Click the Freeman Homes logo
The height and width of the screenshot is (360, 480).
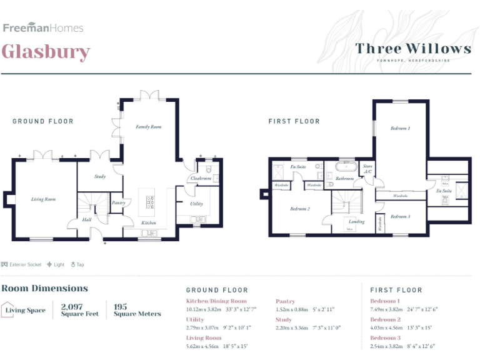[43, 27]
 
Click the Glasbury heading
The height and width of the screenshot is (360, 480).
[46, 51]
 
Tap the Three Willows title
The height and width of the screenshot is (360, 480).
[413, 48]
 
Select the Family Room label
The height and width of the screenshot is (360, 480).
[149, 127]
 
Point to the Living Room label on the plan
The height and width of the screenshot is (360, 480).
[44, 199]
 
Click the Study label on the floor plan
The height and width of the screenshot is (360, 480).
[100, 177]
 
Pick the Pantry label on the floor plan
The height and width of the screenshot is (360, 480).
[119, 202]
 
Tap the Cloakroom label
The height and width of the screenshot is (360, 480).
[201, 179]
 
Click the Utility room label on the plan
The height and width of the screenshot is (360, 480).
[196, 204]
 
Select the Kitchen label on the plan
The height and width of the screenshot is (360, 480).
[148, 222]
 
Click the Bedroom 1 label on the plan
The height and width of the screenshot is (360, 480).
[400, 129]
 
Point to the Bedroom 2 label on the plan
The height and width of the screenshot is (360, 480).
[300, 209]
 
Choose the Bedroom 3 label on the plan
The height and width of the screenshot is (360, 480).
[400, 216]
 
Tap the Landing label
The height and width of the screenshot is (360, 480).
[356, 221]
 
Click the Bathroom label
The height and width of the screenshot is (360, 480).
[344, 179]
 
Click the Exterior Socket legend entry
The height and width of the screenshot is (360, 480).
[22, 264]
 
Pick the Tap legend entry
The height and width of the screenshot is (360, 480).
[77, 264]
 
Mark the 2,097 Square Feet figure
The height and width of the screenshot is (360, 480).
[79, 310]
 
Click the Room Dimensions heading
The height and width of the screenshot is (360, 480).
[44, 289]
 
